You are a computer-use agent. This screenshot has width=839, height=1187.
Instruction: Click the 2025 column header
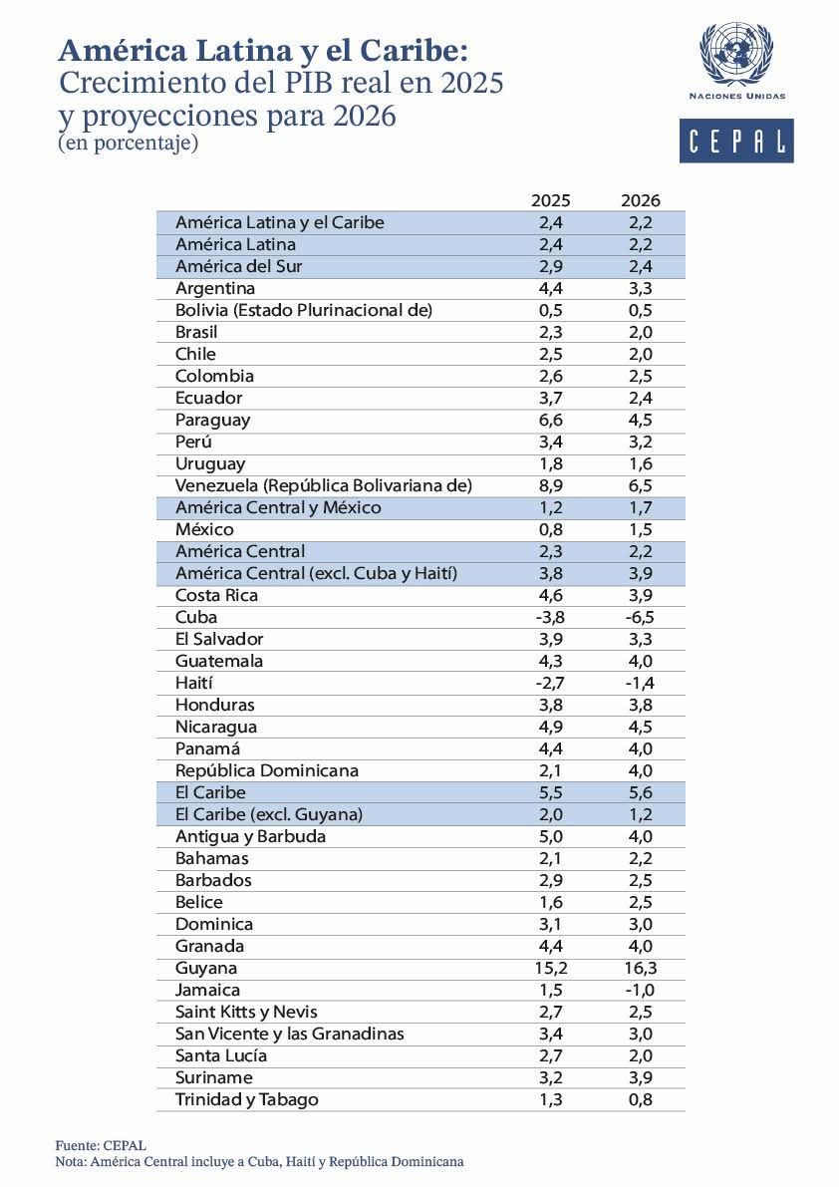pos(551,200)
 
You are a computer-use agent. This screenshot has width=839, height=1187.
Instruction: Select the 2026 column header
pos(640,200)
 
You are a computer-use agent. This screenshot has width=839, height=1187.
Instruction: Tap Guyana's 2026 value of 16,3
pos(640,968)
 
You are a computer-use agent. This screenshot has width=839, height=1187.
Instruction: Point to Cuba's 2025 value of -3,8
pos(551,617)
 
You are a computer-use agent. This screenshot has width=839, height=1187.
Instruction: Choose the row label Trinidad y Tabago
pos(246,1099)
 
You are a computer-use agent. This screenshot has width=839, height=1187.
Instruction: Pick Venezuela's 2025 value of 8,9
pos(551,485)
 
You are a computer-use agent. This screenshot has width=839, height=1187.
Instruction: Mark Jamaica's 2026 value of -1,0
pos(640,990)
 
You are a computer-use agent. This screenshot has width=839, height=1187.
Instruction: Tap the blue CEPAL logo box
pos(736,141)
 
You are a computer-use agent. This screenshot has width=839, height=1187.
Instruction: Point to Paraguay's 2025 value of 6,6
pos(551,420)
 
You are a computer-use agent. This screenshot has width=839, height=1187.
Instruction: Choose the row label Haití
pos(194,683)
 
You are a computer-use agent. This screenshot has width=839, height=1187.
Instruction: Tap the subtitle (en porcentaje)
pos(129,144)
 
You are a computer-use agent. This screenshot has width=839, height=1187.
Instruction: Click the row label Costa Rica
pos(216,595)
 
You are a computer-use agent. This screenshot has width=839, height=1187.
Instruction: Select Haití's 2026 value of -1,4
pos(640,683)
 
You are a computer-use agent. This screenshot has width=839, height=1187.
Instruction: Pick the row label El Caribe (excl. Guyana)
pos(268,814)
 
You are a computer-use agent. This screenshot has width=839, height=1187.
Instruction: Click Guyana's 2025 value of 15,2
pos(551,968)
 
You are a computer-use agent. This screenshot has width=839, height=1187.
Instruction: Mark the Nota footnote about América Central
pos(259,1161)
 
